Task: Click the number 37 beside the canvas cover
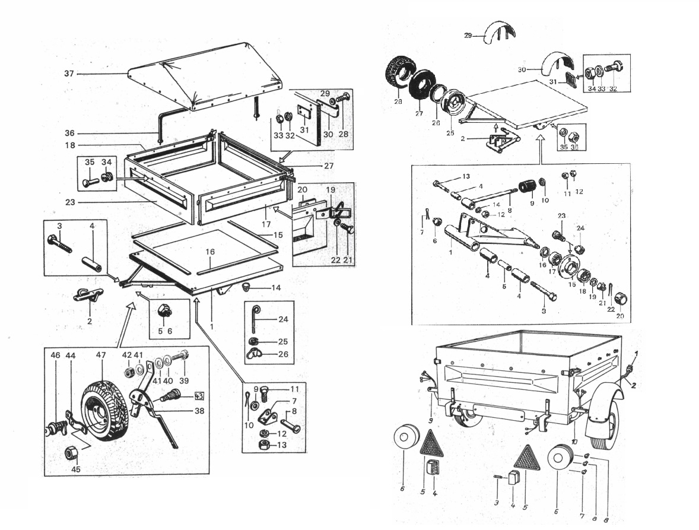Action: pos(69,74)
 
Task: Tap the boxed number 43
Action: pos(198,396)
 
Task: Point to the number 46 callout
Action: pos(55,356)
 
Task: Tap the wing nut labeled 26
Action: pos(255,354)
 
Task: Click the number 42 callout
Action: pos(126,355)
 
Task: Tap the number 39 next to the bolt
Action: pos(184,380)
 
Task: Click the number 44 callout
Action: pos(71,356)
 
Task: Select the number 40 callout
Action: pos(169,380)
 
